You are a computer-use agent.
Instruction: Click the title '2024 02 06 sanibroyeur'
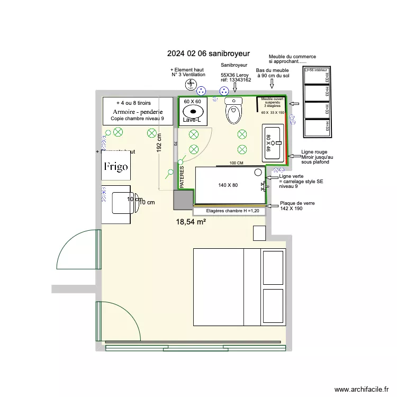(x=208, y=53)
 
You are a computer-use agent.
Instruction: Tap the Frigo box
(x=115, y=167)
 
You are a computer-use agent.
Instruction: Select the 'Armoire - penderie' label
(x=137, y=112)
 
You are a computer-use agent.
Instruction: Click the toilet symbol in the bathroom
(x=233, y=111)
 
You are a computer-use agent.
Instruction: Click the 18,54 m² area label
(x=191, y=223)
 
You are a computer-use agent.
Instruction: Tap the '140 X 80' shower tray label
(x=228, y=185)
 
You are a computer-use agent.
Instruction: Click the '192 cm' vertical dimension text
(x=159, y=142)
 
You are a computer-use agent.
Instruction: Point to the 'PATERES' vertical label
(x=182, y=177)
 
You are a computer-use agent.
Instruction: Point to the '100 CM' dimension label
(x=236, y=164)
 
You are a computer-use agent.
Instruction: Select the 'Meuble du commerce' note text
(x=292, y=57)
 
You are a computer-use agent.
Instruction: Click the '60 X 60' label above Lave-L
(x=192, y=101)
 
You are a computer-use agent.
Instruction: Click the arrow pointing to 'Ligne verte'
(x=271, y=177)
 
